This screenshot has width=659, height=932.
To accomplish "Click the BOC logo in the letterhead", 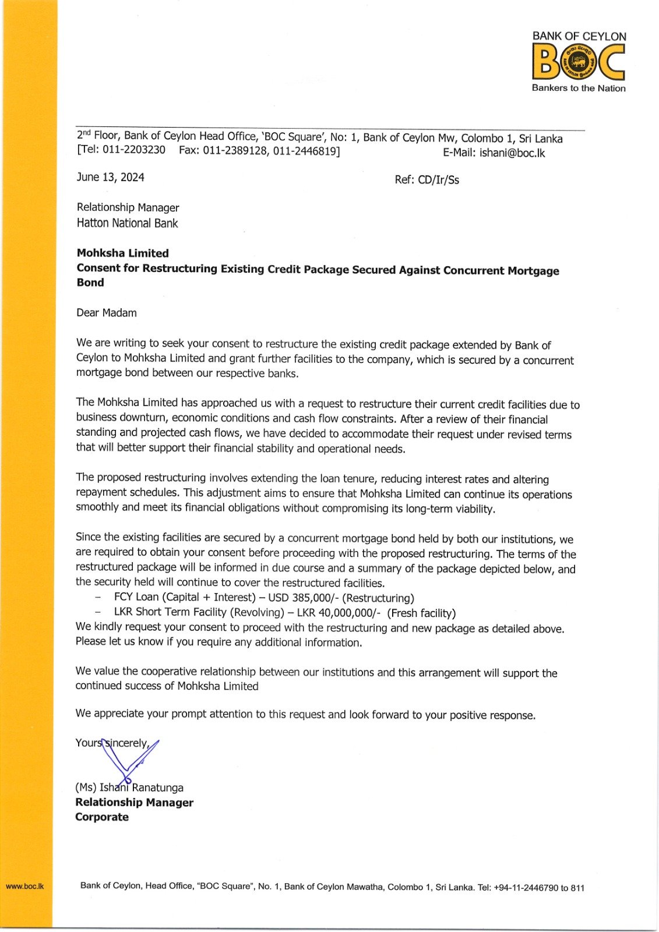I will pos(578,62).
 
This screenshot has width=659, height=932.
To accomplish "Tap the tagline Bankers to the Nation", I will pos(578,88).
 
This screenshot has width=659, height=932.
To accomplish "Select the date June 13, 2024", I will pos(110,177).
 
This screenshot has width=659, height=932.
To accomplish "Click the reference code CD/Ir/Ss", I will pos(438,179).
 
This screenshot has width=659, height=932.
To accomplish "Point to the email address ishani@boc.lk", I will pos(512,153).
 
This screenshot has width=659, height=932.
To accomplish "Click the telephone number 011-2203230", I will pos(134,150).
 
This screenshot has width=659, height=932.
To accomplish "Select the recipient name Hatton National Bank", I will pos(127,223).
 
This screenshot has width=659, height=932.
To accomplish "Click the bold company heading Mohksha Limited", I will pos(122,253).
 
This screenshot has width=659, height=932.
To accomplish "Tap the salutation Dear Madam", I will pos(106,313).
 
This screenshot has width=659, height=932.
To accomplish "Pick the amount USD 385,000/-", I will pos(303,598).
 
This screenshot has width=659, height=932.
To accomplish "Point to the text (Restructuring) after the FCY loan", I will pos(378,598).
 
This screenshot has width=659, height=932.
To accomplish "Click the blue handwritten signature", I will pos(129,760).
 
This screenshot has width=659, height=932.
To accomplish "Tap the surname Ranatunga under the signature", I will pos(158,788).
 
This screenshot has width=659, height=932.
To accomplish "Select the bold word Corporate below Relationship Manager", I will pos(102,817).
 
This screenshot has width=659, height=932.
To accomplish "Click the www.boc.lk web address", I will pos(24,886).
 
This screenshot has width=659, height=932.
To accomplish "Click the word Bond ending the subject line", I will pos(90,283).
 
